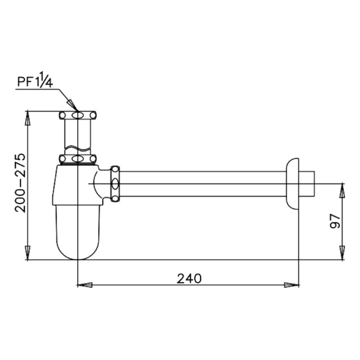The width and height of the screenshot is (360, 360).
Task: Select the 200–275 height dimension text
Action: [x=20, y=184]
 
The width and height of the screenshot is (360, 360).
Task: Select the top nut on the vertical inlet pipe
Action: [x=78, y=115]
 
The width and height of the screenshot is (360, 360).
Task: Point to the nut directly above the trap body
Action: [x=78, y=159]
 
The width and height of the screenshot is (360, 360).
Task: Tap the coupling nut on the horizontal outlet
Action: [x=115, y=184]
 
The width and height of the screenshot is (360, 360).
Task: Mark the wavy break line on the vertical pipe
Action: [x=78, y=149]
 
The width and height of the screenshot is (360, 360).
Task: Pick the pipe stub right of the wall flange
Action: [x=309, y=184]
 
